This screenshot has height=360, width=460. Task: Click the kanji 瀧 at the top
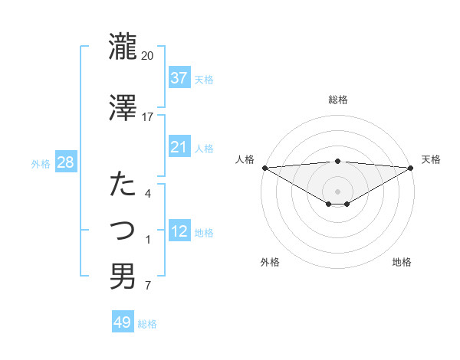click(x=123, y=47)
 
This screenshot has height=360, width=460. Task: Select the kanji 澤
click(x=123, y=108)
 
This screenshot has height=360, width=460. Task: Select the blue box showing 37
click(x=179, y=78)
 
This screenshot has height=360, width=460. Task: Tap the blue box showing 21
click(x=179, y=147)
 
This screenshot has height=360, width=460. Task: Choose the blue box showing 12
click(x=179, y=231)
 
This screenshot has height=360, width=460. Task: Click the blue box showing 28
click(x=65, y=163)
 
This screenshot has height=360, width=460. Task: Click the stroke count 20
click(x=148, y=56)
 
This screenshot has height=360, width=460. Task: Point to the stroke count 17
click(x=148, y=117)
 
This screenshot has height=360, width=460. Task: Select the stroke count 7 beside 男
click(x=148, y=286)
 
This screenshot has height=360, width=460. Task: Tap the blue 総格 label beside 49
click(x=148, y=324)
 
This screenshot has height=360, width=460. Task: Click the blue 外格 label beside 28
click(x=41, y=164)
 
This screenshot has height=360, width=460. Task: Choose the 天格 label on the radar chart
click(x=431, y=159)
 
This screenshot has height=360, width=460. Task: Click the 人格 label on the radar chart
click(x=245, y=159)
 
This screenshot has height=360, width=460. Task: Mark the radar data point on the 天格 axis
click(x=411, y=168)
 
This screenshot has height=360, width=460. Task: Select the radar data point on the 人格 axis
click(x=264, y=168)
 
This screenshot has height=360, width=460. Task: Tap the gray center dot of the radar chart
click(x=337, y=191)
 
